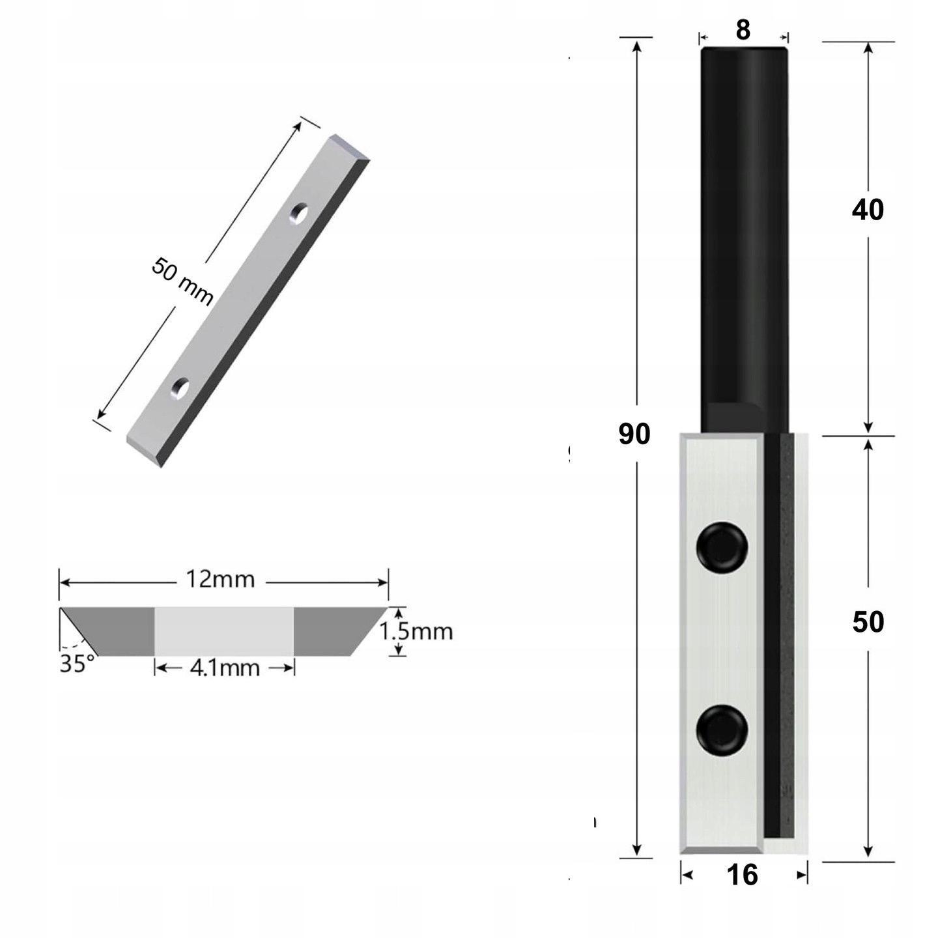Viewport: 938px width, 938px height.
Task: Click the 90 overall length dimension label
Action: point(634,434)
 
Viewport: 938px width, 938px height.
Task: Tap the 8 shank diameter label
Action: point(743,30)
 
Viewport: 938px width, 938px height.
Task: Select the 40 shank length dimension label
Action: point(868,210)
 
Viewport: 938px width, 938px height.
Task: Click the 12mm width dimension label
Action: point(221,579)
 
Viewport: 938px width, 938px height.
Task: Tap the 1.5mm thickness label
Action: point(416,631)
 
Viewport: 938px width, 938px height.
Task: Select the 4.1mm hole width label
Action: point(225,668)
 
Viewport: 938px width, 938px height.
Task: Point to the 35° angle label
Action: point(77,664)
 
